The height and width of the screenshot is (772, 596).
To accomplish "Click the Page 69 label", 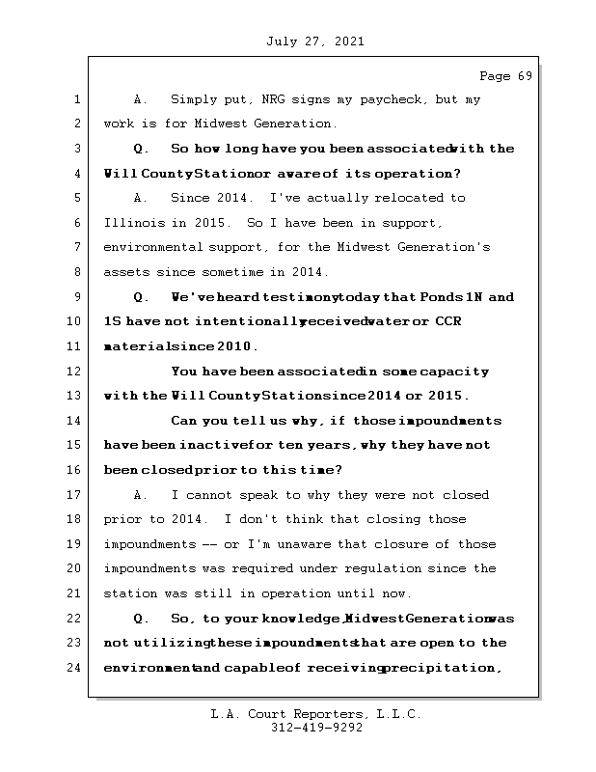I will [505, 76].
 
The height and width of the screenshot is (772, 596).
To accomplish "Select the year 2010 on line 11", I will [236, 346].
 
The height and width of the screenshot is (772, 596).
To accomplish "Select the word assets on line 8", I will [126, 272].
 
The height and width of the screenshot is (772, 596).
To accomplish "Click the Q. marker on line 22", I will [141, 619].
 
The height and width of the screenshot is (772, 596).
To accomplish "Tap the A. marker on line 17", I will [141, 495].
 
